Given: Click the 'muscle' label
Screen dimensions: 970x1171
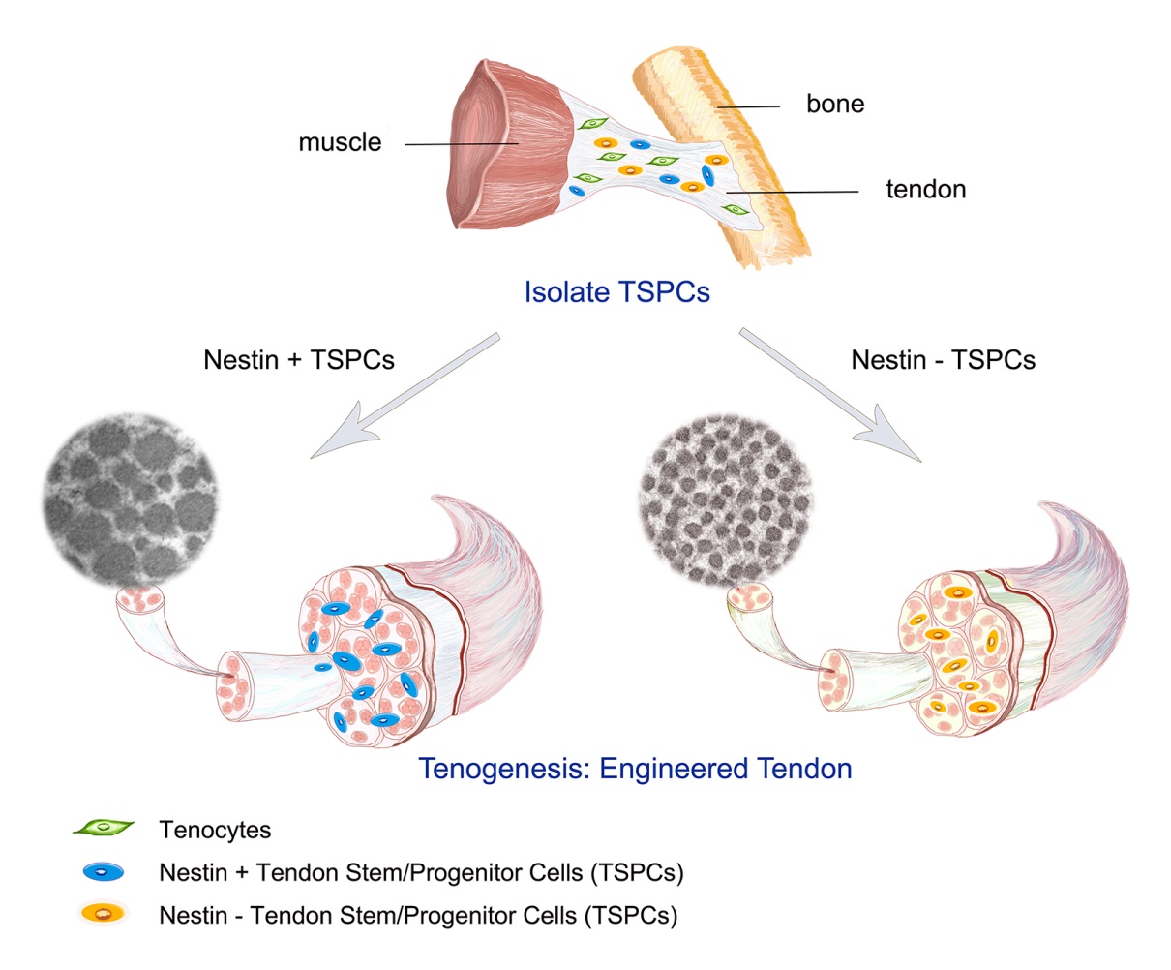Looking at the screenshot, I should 340,143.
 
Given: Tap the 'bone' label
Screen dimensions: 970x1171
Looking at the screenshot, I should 834,104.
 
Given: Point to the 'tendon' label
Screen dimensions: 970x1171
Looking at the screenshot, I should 925,189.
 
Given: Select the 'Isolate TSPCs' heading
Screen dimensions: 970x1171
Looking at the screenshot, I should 616,291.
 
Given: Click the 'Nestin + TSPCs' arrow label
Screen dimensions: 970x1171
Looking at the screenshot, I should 299,360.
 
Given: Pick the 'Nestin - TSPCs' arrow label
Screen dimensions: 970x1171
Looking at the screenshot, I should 943,360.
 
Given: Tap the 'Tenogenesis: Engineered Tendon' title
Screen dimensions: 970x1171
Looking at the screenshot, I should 635,769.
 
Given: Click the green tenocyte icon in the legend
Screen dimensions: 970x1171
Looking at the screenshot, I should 103,828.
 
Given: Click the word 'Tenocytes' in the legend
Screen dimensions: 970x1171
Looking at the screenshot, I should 215,830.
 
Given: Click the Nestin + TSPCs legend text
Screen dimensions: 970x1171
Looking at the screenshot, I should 421,872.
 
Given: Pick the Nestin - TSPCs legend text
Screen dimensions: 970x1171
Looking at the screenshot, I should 417,915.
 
